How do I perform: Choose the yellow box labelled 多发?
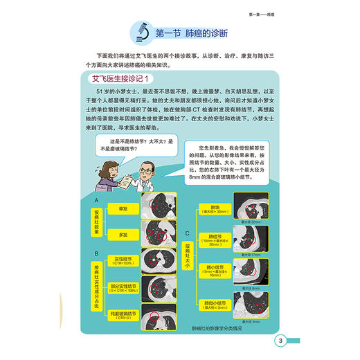click(x=122, y=235)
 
